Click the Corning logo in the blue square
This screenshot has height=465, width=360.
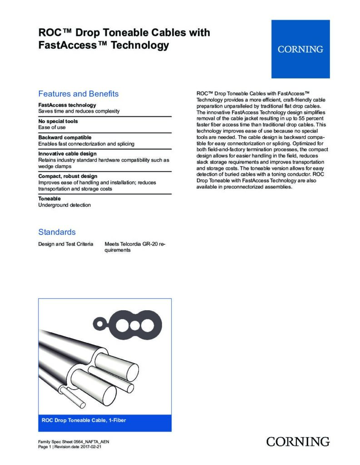tap(300, 49)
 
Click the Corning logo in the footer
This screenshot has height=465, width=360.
tap(298, 441)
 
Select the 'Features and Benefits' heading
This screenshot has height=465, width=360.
tap(78, 94)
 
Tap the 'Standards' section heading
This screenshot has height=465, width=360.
tap(57, 232)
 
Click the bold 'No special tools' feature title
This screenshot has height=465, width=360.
tap(58, 121)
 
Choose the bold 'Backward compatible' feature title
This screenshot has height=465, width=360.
tap(65, 137)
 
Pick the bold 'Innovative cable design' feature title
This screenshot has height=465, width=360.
tap(67, 153)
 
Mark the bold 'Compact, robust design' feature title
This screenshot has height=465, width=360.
tap(68, 176)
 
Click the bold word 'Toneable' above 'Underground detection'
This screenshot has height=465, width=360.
tap(49, 198)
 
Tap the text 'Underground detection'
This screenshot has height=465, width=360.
tap(64, 205)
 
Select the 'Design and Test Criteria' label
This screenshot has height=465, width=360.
tap(66, 244)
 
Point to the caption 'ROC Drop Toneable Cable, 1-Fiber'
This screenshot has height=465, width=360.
tap(84, 420)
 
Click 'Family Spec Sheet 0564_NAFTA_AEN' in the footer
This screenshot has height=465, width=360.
tap(74, 442)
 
